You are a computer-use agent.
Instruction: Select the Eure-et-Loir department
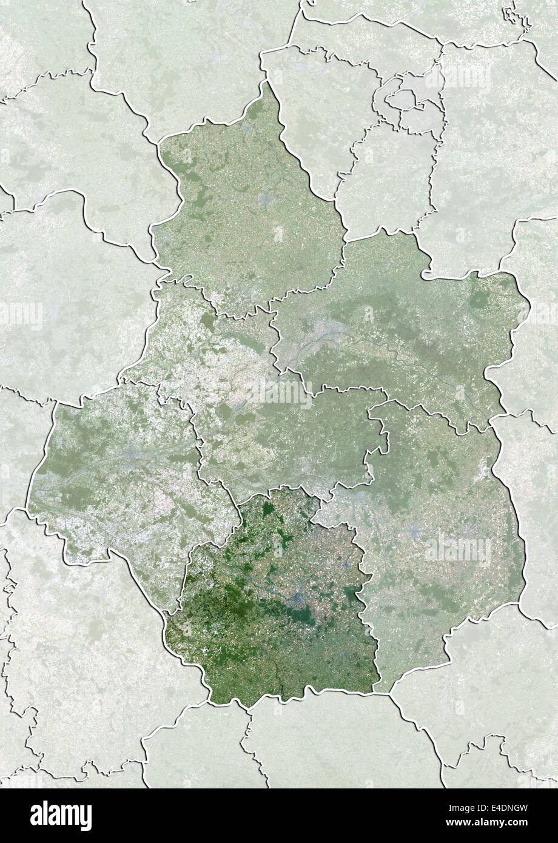pos(249,206)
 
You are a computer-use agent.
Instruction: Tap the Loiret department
pos(394,334)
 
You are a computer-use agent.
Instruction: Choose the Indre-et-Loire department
pos(121,473)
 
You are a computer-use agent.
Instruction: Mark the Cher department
pos(437,534)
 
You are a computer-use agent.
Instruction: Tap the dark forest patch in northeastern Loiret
pos(480,300)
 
